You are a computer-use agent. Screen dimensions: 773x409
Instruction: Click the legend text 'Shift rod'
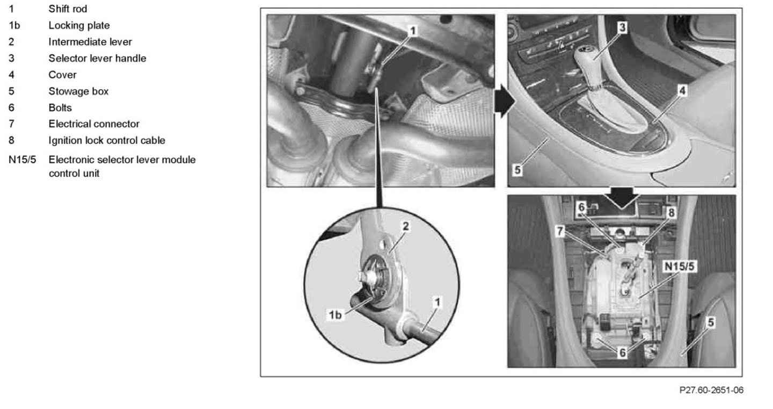tap(68, 9)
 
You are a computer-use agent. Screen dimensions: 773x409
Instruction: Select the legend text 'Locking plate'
tap(79, 26)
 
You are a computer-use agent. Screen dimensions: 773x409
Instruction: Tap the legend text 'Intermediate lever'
tap(90, 42)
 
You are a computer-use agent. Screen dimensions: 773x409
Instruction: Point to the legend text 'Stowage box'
tap(78, 91)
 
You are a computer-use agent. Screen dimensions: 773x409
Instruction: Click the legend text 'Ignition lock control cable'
tap(107, 141)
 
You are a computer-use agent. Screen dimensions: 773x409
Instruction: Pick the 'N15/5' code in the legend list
tap(22, 160)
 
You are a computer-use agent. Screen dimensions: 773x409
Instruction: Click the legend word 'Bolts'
tap(60, 108)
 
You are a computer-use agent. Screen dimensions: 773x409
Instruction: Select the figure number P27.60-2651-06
tap(711, 390)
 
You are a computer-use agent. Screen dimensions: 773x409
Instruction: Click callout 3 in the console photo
tap(622, 27)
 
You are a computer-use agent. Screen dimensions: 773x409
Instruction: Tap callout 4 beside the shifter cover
tap(682, 91)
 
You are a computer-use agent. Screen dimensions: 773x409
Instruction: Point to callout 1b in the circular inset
tap(335, 315)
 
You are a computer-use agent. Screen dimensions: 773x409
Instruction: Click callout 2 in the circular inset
tap(405, 226)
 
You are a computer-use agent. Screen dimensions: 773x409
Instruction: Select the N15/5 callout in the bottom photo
tap(679, 267)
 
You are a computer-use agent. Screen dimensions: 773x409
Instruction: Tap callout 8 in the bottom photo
tap(671, 212)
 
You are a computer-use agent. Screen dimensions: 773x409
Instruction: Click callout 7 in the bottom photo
tap(560, 231)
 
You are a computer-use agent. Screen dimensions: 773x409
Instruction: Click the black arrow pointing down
tap(622, 198)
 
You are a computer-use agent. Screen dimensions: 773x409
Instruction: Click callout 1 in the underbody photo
tap(412, 31)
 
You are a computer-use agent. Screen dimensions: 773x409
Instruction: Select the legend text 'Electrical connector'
tap(94, 124)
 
